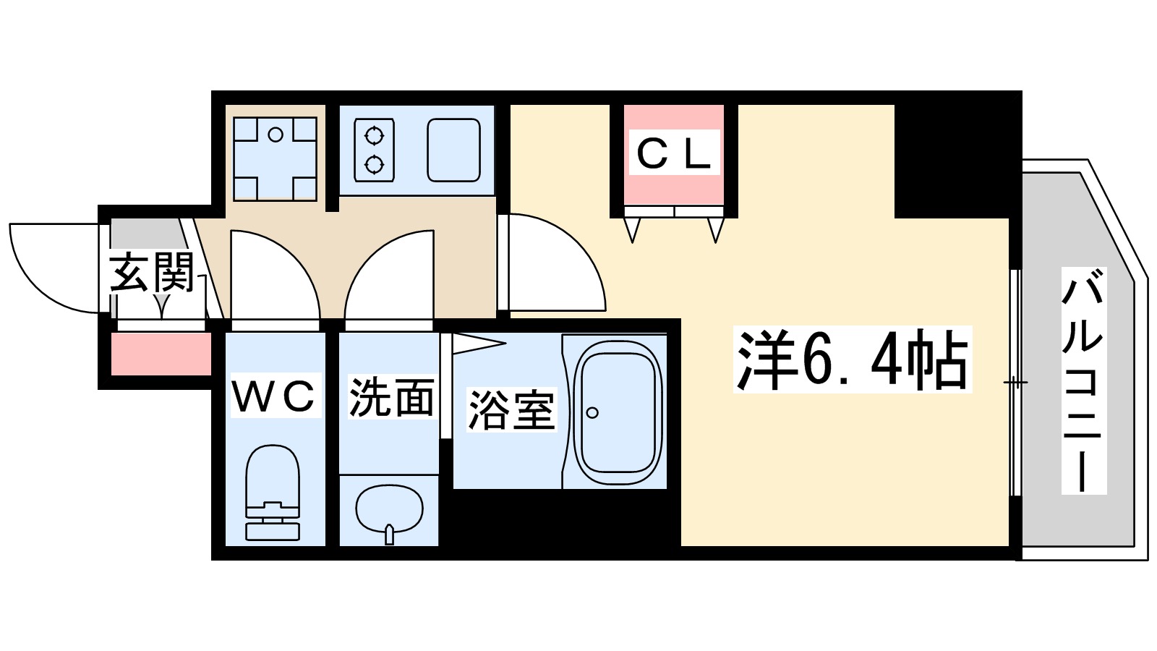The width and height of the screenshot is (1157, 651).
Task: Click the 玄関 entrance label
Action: click(x=153, y=272)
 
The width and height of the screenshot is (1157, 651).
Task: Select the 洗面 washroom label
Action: click(x=391, y=397)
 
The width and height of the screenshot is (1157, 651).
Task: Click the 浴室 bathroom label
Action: click(x=511, y=410)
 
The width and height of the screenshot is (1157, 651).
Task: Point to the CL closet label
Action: click(x=674, y=153)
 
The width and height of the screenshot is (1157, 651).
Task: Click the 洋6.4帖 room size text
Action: click(x=852, y=359)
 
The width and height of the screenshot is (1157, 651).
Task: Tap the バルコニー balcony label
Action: click(x=1083, y=380)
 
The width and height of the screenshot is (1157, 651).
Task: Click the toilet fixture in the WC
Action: click(x=273, y=492)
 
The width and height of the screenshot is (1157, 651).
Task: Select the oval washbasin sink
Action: click(x=389, y=508)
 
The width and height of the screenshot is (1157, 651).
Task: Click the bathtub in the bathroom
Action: click(x=618, y=411)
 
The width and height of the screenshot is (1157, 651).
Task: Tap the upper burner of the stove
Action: click(x=374, y=135)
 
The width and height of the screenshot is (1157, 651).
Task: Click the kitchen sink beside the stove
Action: click(x=453, y=150)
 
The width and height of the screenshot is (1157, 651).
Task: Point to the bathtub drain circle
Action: click(x=592, y=413)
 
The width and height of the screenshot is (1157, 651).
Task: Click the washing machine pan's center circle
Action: click(x=275, y=135)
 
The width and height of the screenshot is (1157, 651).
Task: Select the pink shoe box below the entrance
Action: click(x=161, y=354)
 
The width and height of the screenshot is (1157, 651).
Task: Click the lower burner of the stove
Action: click(x=374, y=165)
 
